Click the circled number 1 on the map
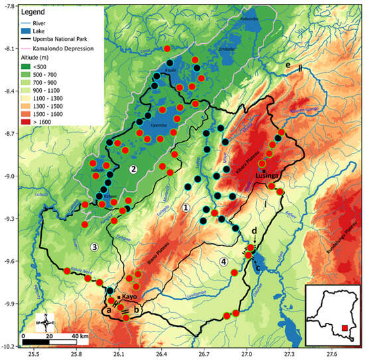click(x=186, y=208)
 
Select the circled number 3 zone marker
click(x=94, y=247)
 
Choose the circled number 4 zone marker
click(x=224, y=261)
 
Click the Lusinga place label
click(x=269, y=175)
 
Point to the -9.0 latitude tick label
click(x=9, y=176)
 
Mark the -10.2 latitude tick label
click(x=9, y=346)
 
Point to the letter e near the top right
click(x=287, y=66)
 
